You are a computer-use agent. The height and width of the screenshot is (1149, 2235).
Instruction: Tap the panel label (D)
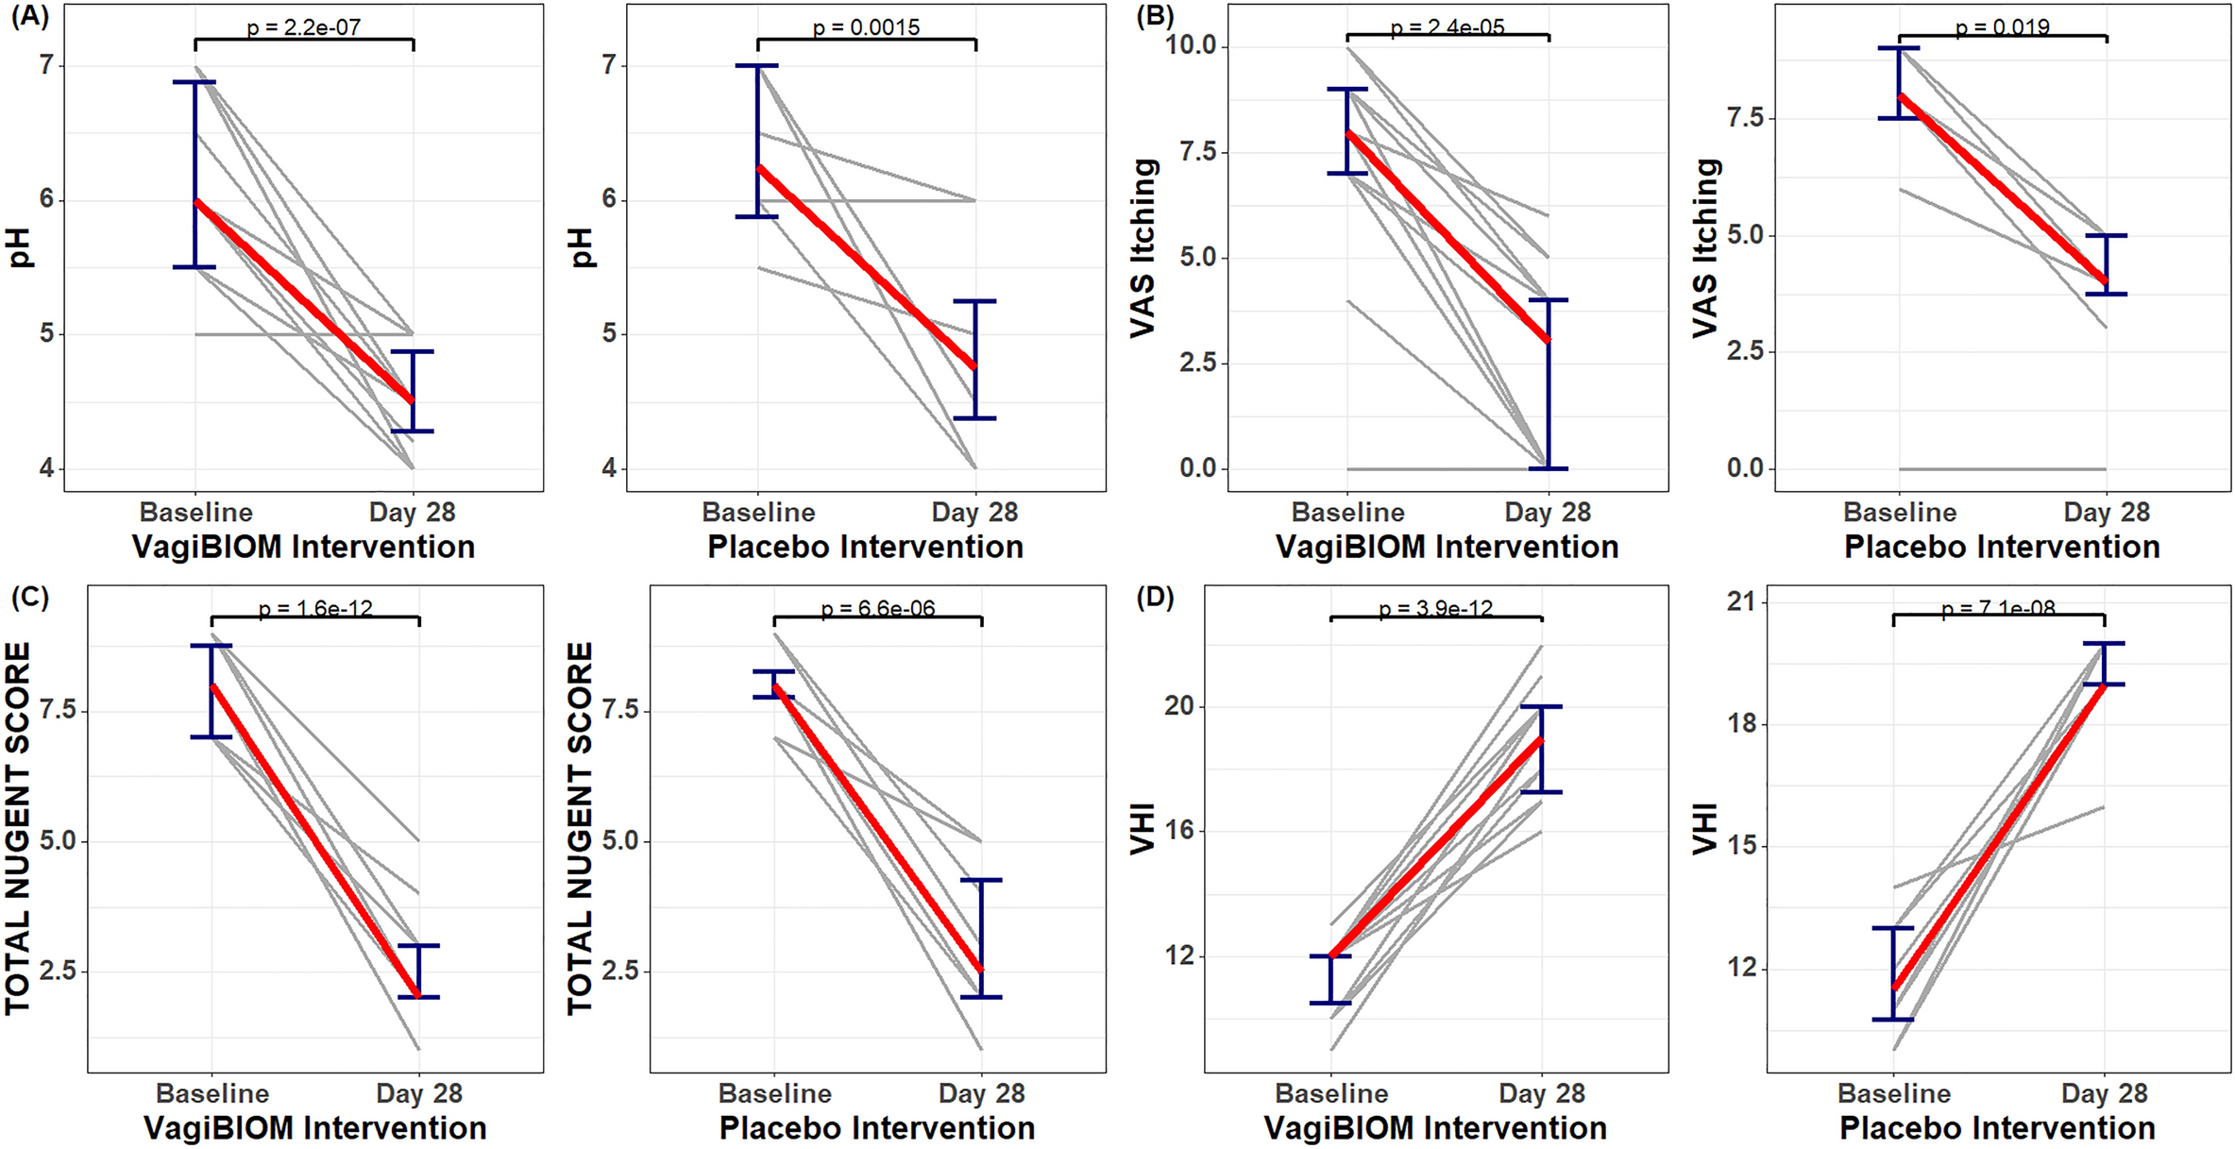1154,599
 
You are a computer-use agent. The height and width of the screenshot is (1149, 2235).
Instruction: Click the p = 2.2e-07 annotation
303,27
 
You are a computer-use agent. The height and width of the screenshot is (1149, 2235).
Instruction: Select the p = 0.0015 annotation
866,27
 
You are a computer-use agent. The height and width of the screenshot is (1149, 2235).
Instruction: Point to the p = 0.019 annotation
2002,27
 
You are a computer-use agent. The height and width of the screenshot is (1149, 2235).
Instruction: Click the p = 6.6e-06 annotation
877,609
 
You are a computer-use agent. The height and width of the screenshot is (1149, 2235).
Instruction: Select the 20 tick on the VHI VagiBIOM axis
1179,706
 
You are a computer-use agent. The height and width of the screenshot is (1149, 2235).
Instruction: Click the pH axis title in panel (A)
20,247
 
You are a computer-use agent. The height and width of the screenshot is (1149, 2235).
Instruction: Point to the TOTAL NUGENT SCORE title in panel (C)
18,828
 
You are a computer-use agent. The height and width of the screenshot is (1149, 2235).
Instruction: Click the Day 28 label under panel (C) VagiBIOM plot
418,1093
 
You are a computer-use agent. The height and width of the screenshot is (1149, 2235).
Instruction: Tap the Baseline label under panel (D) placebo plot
1893,1093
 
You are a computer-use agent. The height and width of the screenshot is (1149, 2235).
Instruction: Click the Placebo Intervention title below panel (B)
2002,547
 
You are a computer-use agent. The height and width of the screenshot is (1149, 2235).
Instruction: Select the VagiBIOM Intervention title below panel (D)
1435,1128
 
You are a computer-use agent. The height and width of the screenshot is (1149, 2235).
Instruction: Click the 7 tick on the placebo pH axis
608,65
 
